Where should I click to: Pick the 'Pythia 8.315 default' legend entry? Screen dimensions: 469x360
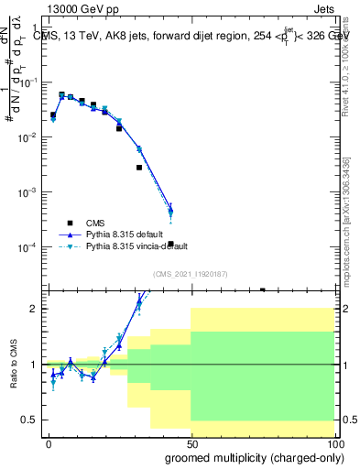[125, 234]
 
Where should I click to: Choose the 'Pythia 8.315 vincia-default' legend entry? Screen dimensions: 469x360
[136, 246]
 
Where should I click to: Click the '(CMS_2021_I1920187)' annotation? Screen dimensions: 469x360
[190, 274]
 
